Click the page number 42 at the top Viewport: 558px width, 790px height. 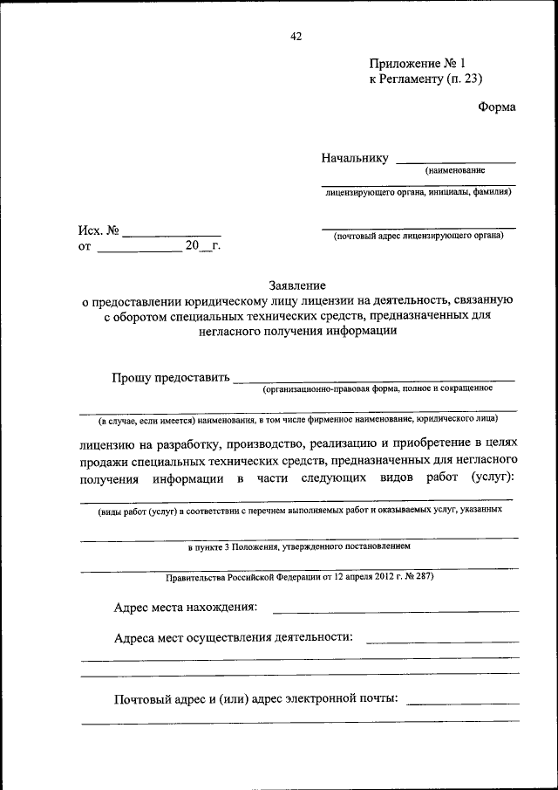296,36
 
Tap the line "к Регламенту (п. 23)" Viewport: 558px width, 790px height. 425,79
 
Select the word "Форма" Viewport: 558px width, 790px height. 497,107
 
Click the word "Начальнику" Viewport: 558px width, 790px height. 354,159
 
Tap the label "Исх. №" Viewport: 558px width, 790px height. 98,231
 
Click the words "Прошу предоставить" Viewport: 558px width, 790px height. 171,378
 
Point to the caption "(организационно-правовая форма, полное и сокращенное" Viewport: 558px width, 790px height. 378,388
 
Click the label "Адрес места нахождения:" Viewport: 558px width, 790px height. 186,607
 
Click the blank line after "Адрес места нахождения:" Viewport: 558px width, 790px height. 396,610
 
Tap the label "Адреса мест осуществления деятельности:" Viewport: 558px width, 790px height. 234,637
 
